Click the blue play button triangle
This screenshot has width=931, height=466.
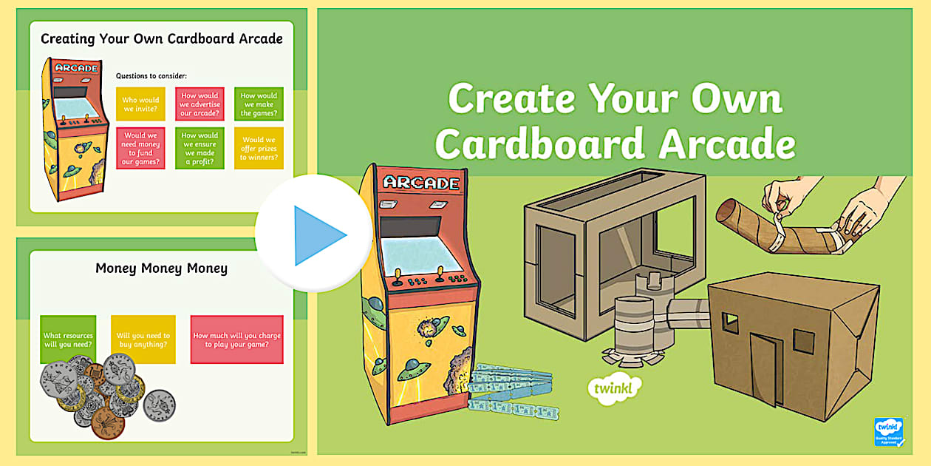(x=318, y=235)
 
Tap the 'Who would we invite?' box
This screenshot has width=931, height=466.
(x=140, y=104)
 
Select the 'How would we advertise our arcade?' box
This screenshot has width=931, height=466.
(x=199, y=104)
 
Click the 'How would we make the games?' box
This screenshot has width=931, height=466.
(x=259, y=104)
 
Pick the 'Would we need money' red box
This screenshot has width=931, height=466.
(x=140, y=148)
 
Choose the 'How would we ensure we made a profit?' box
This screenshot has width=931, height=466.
(x=199, y=148)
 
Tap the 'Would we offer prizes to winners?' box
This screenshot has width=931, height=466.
(x=259, y=148)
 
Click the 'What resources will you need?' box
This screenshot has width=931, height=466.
(x=68, y=340)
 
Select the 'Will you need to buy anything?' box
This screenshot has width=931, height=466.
(x=143, y=340)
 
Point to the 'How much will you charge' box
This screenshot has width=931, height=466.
(x=236, y=340)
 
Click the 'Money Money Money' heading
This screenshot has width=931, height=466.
(x=161, y=268)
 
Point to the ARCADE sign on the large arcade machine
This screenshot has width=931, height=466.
(x=421, y=183)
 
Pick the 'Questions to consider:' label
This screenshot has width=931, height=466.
(x=151, y=75)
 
